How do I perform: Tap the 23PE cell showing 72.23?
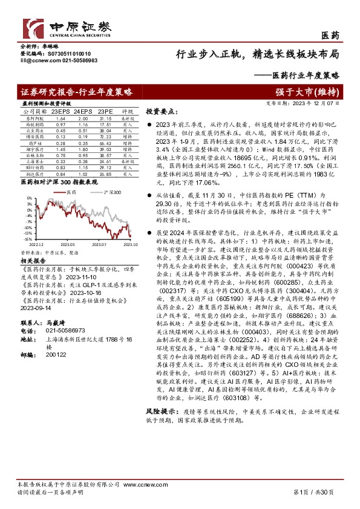coord(106,137)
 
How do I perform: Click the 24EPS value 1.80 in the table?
coord(82,149)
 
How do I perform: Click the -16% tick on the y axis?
coord(27,238)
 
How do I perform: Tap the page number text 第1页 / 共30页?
coord(316,491)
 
